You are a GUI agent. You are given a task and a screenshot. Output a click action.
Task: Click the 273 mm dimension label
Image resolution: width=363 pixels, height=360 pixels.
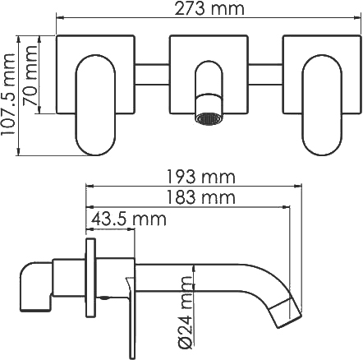pyautogui.click(x=209, y=8)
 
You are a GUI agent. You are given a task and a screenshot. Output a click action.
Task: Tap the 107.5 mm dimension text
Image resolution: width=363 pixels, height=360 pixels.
pyautogui.click(x=7, y=95)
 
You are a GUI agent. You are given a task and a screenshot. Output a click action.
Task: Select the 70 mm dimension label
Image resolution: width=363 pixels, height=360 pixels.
pyautogui.click(x=30, y=76)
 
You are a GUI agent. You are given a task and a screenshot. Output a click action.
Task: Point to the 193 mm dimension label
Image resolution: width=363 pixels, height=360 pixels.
pyautogui.click(x=201, y=177)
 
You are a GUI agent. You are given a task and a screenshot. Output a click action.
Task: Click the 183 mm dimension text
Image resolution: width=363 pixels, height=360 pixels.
pyautogui.click(x=201, y=197)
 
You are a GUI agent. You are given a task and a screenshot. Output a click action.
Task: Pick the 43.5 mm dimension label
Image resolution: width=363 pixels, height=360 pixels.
pyautogui.click(x=129, y=219)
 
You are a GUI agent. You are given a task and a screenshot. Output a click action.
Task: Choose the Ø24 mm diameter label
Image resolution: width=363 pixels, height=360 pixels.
pyautogui.click(x=187, y=312)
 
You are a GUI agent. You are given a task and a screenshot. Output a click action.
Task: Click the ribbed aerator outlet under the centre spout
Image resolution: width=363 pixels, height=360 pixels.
pyautogui.click(x=209, y=119)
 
